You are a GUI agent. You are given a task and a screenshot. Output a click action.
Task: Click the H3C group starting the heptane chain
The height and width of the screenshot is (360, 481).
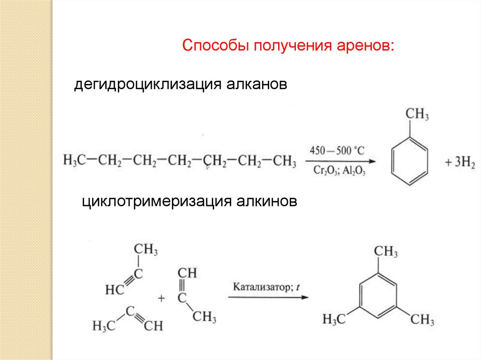(x=74, y=162)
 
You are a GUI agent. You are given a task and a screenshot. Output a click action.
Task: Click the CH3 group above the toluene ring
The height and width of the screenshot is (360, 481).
(x=417, y=115)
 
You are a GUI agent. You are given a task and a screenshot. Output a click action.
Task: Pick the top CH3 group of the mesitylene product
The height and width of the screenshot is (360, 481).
(x=386, y=252)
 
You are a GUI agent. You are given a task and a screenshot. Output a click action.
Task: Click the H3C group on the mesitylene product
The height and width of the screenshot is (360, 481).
(x=334, y=320)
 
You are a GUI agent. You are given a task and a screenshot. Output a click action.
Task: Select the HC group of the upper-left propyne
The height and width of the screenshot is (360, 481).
(x=114, y=291)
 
